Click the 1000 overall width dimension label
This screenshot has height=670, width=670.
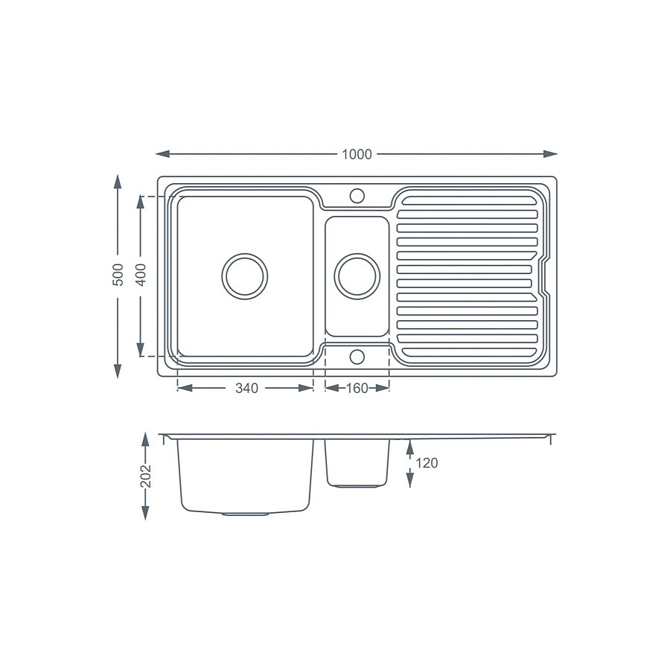point(357,155)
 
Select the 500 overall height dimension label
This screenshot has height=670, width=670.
point(117,277)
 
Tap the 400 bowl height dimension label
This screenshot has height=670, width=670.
point(141,277)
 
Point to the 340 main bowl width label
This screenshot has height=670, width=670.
point(246,388)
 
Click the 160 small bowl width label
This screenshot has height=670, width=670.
point(357,388)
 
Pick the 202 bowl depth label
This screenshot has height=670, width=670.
point(146,476)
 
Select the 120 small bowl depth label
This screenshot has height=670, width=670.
point(427,463)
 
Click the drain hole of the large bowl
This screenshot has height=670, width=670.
point(245,276)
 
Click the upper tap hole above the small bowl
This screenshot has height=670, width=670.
point(357,196)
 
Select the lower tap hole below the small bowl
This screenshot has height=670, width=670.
point(357,357)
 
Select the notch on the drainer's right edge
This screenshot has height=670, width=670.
point(545,276)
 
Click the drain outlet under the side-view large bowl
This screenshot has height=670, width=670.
point(246,514)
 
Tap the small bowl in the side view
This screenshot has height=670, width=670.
point(357,462)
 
